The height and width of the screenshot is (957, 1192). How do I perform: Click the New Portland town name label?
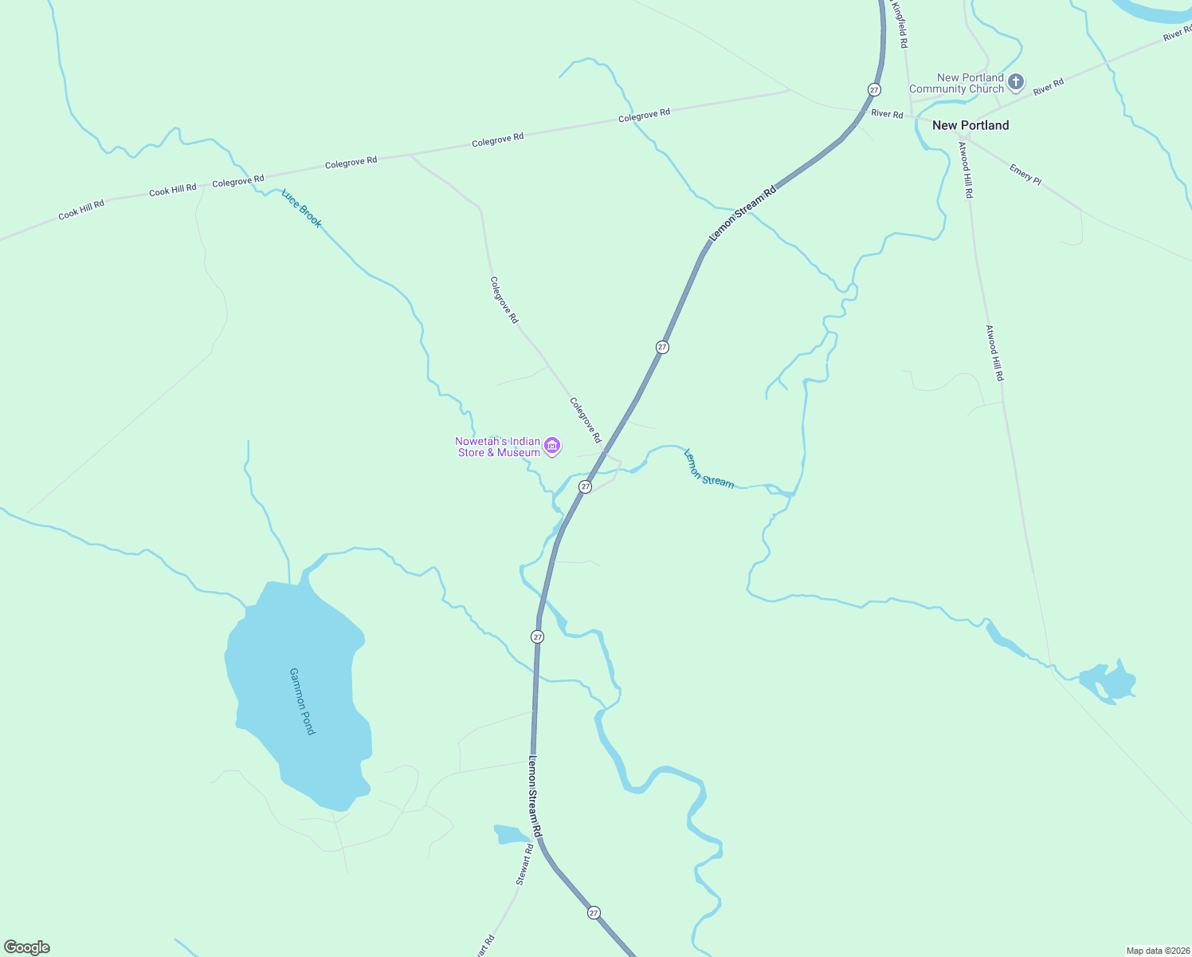970,125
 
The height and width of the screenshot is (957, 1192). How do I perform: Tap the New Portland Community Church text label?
956,84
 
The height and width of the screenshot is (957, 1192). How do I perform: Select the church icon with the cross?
1016,81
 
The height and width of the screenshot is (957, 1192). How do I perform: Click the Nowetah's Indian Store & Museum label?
498,447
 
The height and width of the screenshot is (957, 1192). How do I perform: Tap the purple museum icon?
552,446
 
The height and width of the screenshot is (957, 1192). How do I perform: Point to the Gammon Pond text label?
302,701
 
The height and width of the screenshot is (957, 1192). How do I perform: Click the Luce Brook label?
302,208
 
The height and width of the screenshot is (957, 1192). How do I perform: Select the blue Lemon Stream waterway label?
708,468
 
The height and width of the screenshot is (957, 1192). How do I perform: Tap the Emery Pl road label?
1025,175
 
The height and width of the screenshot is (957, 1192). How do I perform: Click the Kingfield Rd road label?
900,25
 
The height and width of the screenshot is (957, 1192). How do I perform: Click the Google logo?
27,947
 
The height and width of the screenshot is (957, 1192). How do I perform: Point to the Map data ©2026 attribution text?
1157,951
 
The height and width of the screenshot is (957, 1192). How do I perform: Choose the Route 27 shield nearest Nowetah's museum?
586,486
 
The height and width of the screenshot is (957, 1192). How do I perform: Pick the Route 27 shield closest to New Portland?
874,89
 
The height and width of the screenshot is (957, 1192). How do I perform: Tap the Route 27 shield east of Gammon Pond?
538,636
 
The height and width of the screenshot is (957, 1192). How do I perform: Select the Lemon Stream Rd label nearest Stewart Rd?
535,796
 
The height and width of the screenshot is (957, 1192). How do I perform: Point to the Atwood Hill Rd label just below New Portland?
965,170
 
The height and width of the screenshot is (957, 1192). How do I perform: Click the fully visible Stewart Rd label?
524,864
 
